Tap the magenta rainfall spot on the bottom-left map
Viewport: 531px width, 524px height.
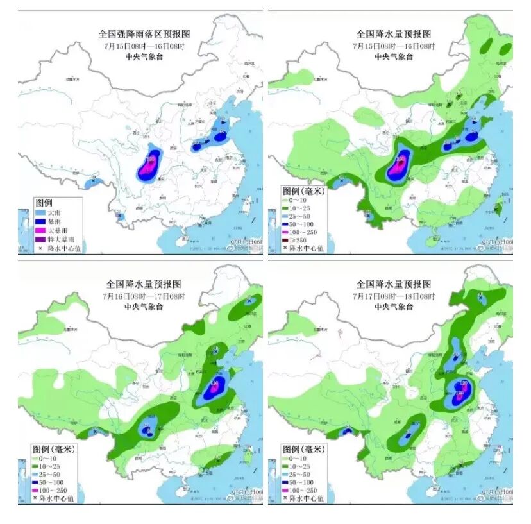[x=214, y=385]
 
